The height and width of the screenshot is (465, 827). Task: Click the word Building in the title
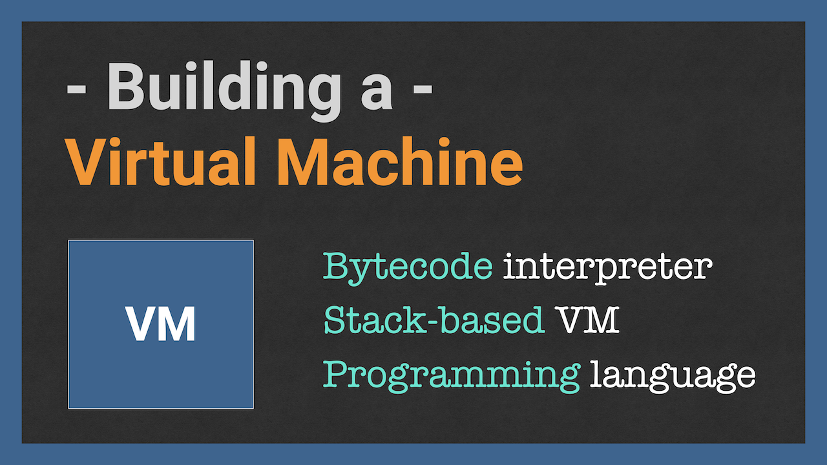(224, 91)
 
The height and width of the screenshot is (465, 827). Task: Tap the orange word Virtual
(160, 161)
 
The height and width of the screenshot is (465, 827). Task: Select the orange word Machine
(400, 161)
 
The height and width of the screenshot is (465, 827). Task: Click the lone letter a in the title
(376, 93)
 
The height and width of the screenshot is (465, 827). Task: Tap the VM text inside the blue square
(160, 324)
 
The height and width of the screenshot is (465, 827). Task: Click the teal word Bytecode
(408, 267)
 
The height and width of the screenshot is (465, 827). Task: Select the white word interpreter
(607, 267)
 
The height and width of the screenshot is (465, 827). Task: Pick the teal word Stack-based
(434, 320)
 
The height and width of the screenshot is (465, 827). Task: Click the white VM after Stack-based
(588, 320)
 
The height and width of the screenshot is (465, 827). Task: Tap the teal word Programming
(451, 375)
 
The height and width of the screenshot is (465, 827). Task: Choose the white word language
(673, 375)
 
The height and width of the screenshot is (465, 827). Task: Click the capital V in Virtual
(85, 161)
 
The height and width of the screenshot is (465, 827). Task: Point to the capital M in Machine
(303, 161)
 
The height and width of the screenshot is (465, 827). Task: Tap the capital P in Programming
(337, 374)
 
